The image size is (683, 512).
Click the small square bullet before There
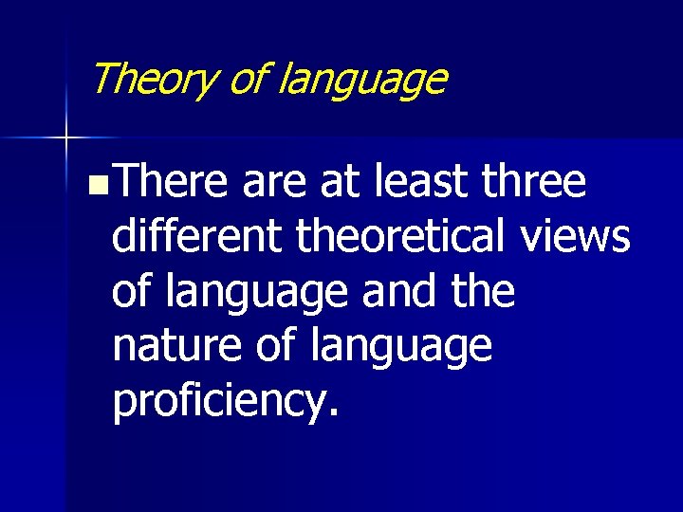pos(90,184)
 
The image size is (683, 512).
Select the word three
pos(534,182)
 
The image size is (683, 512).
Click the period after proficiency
pos(331,415)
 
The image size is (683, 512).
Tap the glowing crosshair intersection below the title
pos(66,138)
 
